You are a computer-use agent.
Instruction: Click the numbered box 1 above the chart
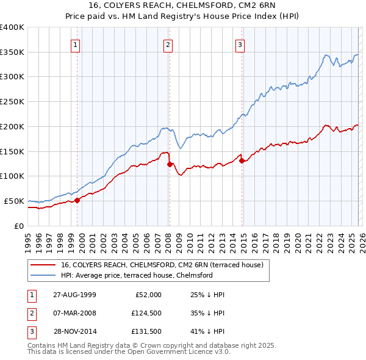75,44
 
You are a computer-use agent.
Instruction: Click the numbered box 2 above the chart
168,44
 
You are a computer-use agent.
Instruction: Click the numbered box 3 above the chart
240,44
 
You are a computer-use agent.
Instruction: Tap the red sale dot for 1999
77,200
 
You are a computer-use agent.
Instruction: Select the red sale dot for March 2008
170,164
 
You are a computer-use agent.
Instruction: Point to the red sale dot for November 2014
242,160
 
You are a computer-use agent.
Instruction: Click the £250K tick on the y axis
12,102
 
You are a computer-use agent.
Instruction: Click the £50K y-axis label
14,201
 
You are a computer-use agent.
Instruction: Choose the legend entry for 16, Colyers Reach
162,265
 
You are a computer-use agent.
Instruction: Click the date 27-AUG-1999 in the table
74,295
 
